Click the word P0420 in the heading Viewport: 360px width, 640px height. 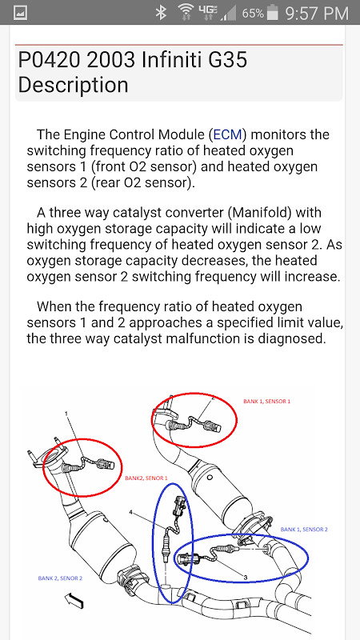click(50, 61)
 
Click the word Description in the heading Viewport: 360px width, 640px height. click(73, 85)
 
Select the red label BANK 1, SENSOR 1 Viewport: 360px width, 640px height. click(266, 401)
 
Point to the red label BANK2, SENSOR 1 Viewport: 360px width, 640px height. click(146, 478)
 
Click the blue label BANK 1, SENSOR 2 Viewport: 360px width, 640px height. click(304, 529)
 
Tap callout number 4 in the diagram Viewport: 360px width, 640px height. click(130, 511)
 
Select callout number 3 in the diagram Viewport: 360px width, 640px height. click(244, 576)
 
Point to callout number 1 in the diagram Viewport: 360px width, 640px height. click(68, 415)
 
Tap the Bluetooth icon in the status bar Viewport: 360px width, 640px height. click(161, 13)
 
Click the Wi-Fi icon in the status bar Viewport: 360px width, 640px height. click(186, 13)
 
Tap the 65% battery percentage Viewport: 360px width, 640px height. click(253, 14)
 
